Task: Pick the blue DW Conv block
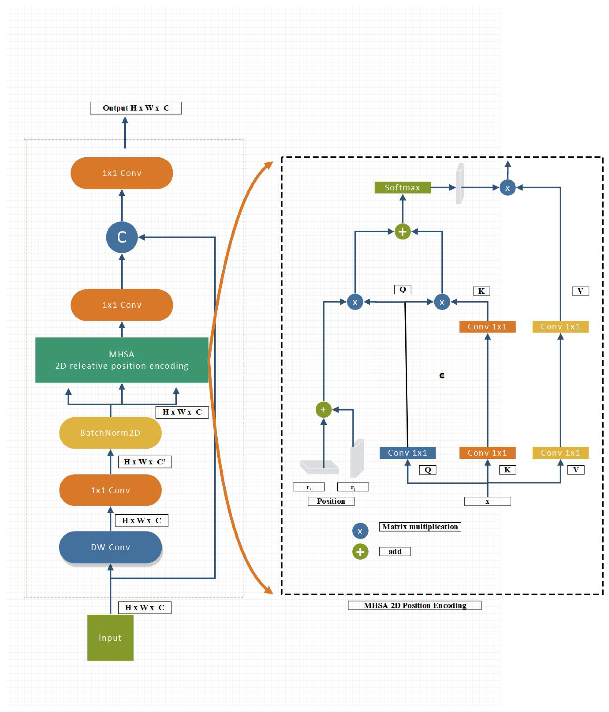pos(110,547)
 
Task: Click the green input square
pos(110,637)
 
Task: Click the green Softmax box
pos(402,188)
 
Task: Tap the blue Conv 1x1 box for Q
pos(407,453)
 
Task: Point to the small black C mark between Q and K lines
pos(442,376)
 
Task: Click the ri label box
pos(308,487)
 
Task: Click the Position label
pos(331,501)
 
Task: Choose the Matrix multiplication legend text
pos(420,527)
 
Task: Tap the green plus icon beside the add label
pos(360,552)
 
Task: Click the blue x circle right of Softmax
pos(507,188)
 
